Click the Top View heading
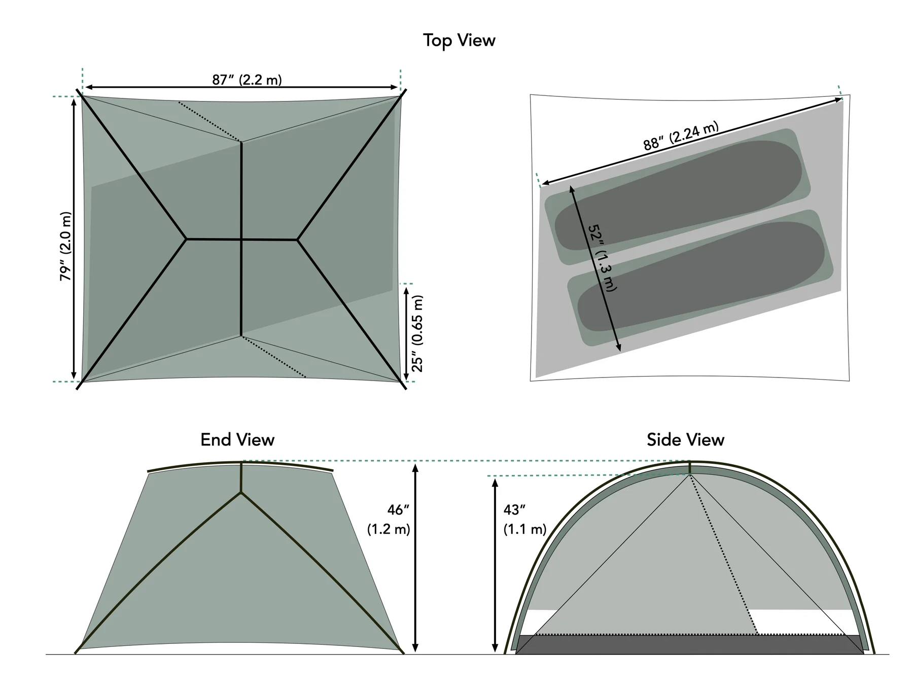pyautogui.click(x=459, y=41)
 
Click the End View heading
pyautogui.click(x=237, y=439)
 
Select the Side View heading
pyautogui.click(x=685, y=439)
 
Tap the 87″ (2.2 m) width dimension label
pyautogui.click(x=247, y=80)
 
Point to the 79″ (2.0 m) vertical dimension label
pyautogui.click(x=66, y=246)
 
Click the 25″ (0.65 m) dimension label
pyautogui.click(x=417, y=333)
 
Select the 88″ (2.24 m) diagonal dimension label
pyautogui.click(x=681, y=136)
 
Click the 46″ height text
pyautogui.click(x=398, y=509)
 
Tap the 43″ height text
pyautogui.click(x=514, y=509)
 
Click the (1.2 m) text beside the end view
pyautogui.click(x=389, y=529)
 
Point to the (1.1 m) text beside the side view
pyautogui.click(x=525, y=529)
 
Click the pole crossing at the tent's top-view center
pyautogui.click(x=241, y=238)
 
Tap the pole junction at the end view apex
pyautogui.click(x=241, y=492)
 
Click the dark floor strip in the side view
pyautogui.click(x=690, y=644)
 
